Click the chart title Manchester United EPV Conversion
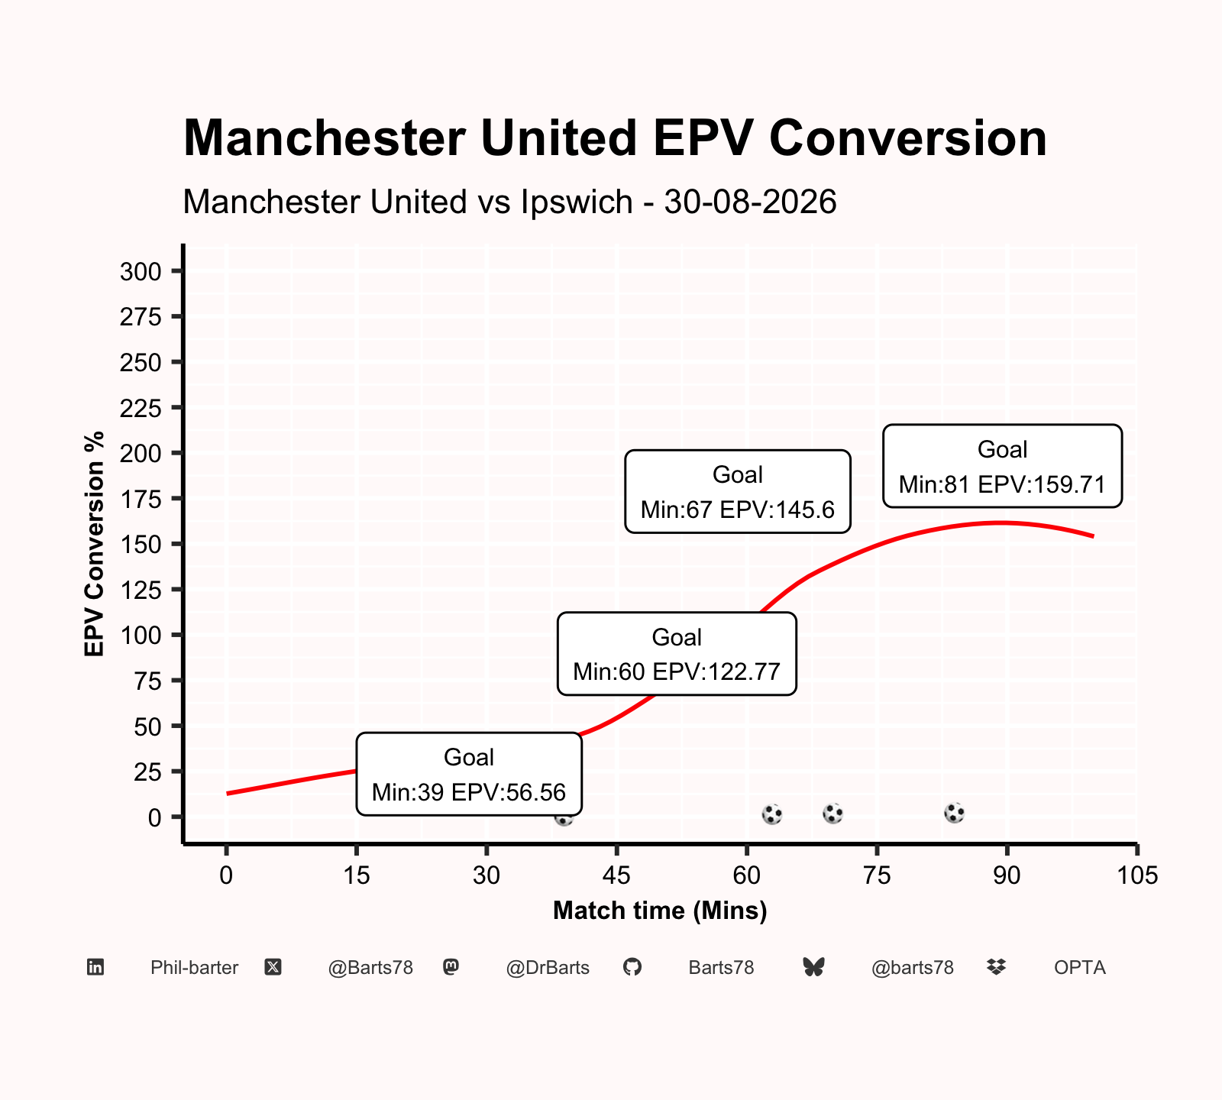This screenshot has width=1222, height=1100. (x=615, y=138)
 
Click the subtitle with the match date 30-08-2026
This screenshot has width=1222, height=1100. (x=510, y=202)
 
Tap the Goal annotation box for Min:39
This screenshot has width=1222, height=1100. (x=469, y=774)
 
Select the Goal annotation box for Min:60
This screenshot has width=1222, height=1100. (x=677, y=654)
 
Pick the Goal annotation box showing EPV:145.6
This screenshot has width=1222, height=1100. (x=738, y=491)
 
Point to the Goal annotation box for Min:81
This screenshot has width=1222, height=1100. (x=1002, y=466)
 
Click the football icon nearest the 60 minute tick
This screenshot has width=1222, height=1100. (x=772, y=814)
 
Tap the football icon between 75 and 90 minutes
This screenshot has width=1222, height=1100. (x=954, y=813)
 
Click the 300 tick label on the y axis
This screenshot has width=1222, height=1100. (x=141, y=271)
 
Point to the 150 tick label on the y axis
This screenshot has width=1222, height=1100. (x=141, y=544)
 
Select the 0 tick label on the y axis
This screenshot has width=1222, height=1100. (x=155, y=817)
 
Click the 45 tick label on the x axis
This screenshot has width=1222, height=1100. (x=616, y=875)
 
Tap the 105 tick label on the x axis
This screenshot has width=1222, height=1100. (x=1137, y=875)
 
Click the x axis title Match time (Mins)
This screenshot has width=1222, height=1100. (x=660, y=911)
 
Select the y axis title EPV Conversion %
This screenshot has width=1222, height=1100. (x=95, y=544)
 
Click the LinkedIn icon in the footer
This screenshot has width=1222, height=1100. (x=95, y=968)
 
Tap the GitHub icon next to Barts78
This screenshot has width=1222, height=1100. (x=632, y=968)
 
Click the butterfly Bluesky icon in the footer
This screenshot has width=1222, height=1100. (x=814, y=968)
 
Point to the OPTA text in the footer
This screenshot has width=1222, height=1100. (x=1080, y=968)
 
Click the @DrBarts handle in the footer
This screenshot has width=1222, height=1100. (x=548, y=968)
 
